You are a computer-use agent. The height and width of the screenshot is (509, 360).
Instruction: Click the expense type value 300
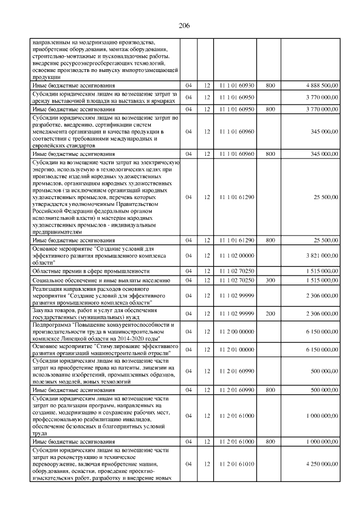(270, 279)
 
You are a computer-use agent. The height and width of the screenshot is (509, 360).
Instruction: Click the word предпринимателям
(58, 232)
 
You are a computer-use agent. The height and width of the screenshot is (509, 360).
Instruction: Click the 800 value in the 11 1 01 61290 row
(270, 240)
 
